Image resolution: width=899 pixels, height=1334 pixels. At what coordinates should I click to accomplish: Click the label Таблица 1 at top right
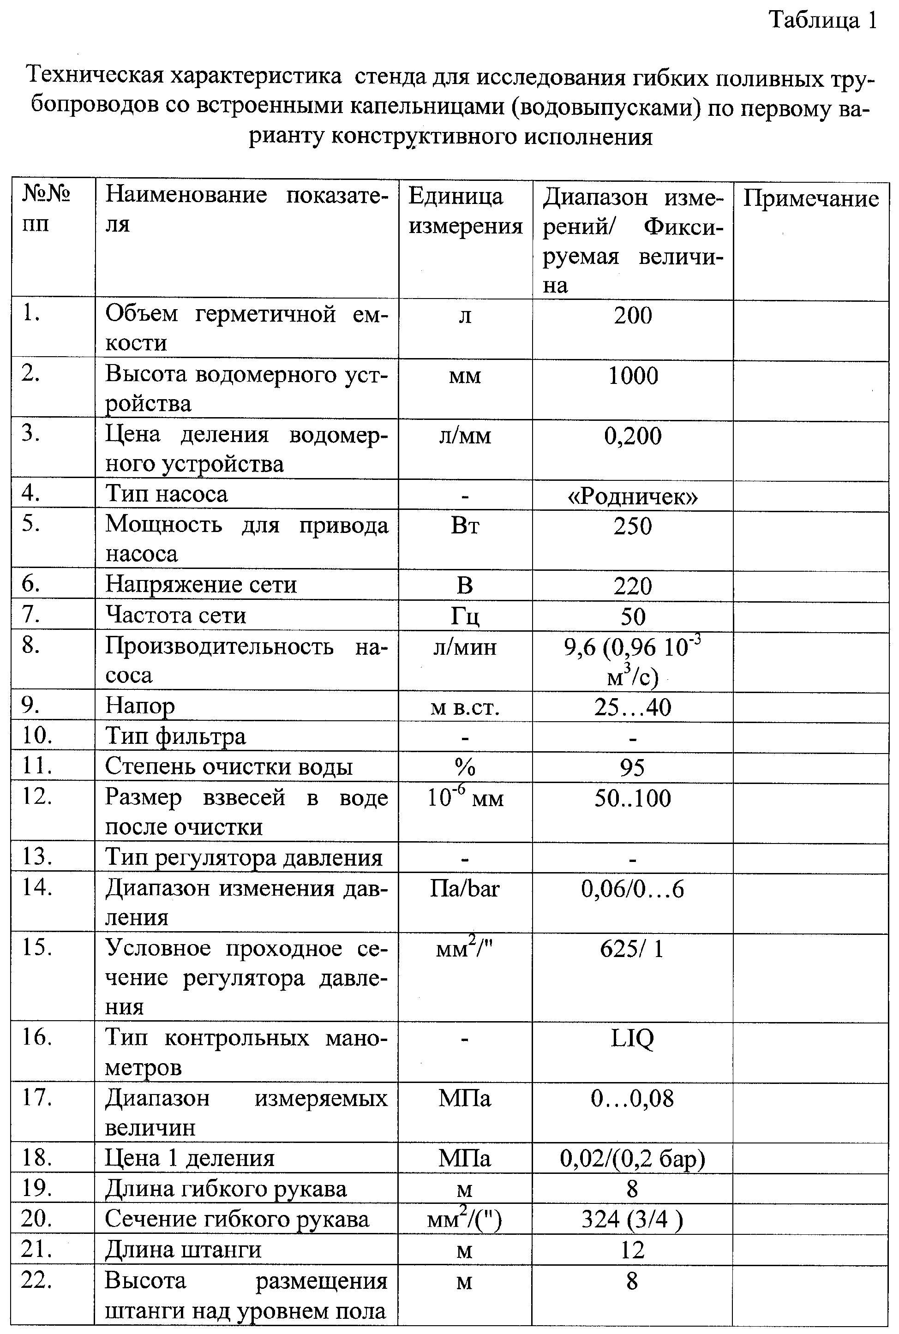(x=823, y=21)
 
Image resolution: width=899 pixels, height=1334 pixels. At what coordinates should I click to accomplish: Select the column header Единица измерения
(x=465, y=211)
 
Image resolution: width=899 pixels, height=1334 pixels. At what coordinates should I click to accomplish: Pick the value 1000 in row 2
(x=632, y=376)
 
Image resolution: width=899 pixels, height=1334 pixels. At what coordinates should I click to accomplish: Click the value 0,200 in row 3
(x=632, y=436)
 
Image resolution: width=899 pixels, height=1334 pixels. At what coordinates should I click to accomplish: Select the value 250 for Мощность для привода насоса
(x=632, y=526)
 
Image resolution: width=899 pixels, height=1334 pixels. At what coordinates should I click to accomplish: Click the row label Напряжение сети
(x=201, y=585)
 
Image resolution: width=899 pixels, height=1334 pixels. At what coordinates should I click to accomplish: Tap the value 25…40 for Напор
(x=632, y=707)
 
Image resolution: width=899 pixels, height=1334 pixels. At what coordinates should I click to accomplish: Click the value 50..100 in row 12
(x=632, y=798)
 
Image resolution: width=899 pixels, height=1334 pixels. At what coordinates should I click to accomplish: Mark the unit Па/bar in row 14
(x=465, y=889)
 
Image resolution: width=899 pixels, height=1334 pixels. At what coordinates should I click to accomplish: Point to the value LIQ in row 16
(x=632, y=1038)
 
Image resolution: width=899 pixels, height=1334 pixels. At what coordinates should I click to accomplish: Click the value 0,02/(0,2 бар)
(x=632, y=1159)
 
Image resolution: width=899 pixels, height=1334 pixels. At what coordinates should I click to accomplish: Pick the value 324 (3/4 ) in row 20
(x=632, y=1220)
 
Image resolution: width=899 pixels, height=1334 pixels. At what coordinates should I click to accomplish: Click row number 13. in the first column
(x=37, y=857)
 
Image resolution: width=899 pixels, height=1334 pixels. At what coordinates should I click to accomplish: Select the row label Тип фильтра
(x=175, y=736)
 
